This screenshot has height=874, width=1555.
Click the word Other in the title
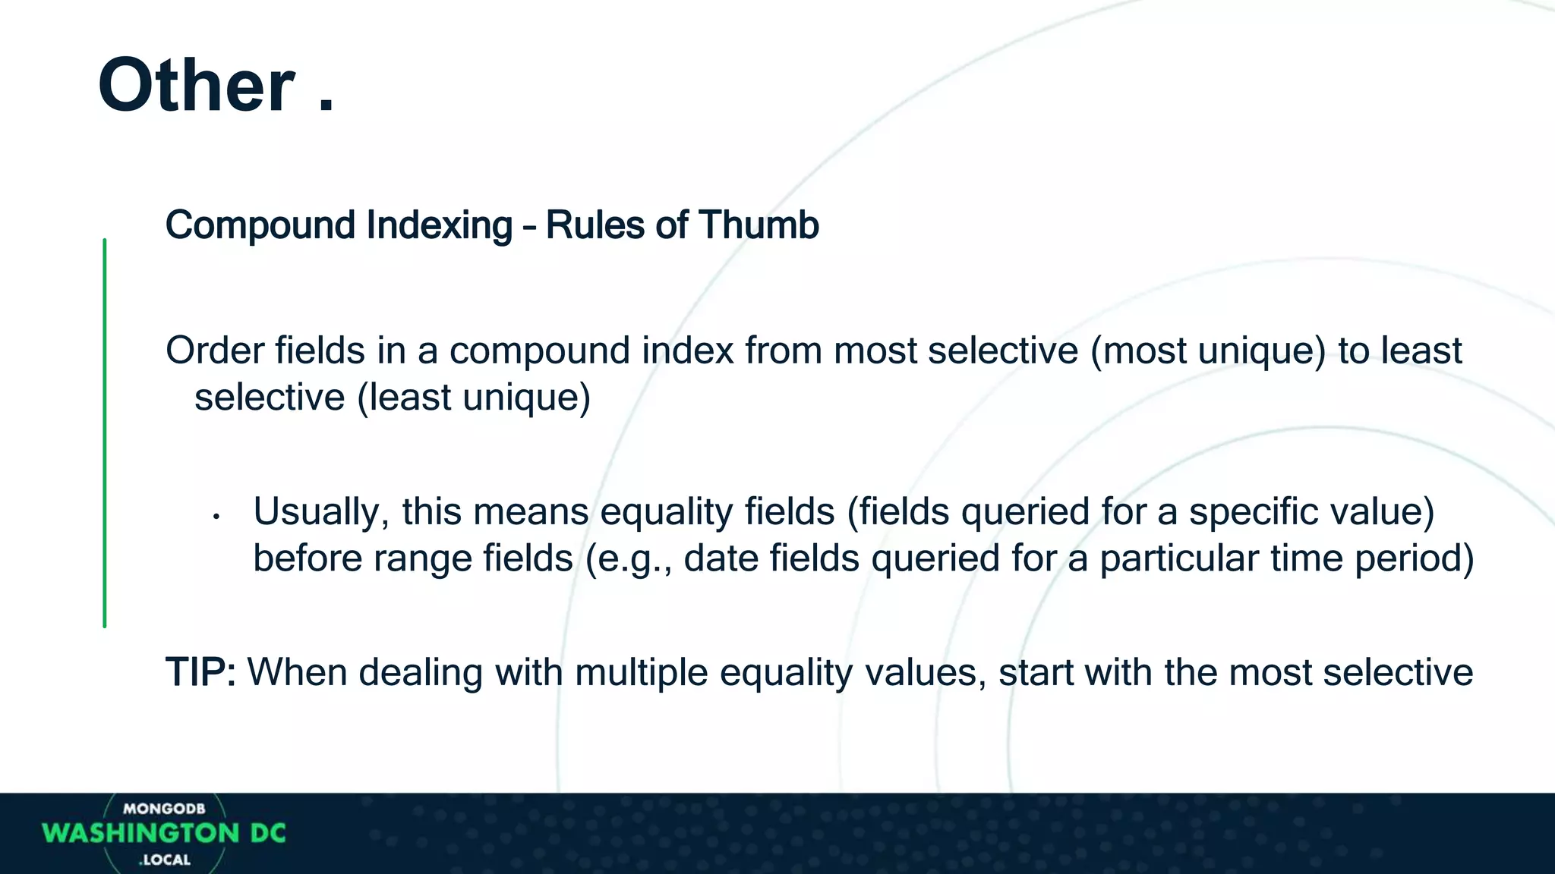[x=196, y=86]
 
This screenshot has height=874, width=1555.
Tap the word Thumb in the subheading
[x=759, y=225]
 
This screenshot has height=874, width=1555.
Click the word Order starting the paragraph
[x=214, y=351]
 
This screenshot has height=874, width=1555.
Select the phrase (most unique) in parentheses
[x=1207, y=351]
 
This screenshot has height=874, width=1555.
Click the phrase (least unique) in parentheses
[x=474, y=398]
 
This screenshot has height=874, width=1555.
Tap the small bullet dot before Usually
[x=216, y=517]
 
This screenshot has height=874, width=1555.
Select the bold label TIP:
[x=200, y=672]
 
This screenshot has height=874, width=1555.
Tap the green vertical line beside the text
[x=105, y=432]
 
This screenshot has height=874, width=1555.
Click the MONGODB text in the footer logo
[x=164, y=809]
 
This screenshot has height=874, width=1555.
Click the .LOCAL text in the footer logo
[x=165, y=860]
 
